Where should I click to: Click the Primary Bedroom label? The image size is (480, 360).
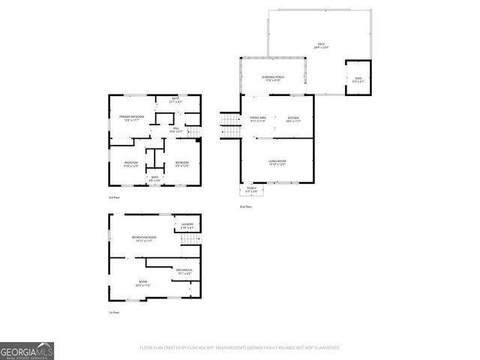pyautogui.click(x=132, y=118)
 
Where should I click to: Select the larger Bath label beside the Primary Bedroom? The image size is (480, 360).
pyautogui.click(x=175, y=100)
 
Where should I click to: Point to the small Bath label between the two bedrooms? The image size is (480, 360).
pyautogui.click(x=154, y=178)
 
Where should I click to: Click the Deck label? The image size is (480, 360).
pyautogui.click(x=322, y=46)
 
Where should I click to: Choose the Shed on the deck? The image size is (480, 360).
pyautogui.click(x=358, y=79)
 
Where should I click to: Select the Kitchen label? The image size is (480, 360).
pyautogui.click(x=293, y=119)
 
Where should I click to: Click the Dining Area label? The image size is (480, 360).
pyautogui.click(x=259, y=119)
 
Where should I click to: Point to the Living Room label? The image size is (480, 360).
pyautogui.click(x=278, y=162)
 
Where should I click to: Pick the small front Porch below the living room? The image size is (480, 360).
pyautogui.click(x=252, y=189)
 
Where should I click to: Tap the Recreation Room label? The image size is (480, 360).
pyautogui.click(x=142, y=239)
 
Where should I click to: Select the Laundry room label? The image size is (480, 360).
pyautogui.click(x=187, y=226)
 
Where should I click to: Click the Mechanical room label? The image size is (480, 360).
pyautogui.click(x=184, y=271)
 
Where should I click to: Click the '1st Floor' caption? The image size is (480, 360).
pyautogui.click(x=114, y=312)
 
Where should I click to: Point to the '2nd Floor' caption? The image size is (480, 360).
pyautogui.click(x=245, y=206)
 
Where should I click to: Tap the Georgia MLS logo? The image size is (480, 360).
pyautogui.click(x=27, y=350)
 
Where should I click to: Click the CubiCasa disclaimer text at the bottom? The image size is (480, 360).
pyautogui.click(x=239, y=348)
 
